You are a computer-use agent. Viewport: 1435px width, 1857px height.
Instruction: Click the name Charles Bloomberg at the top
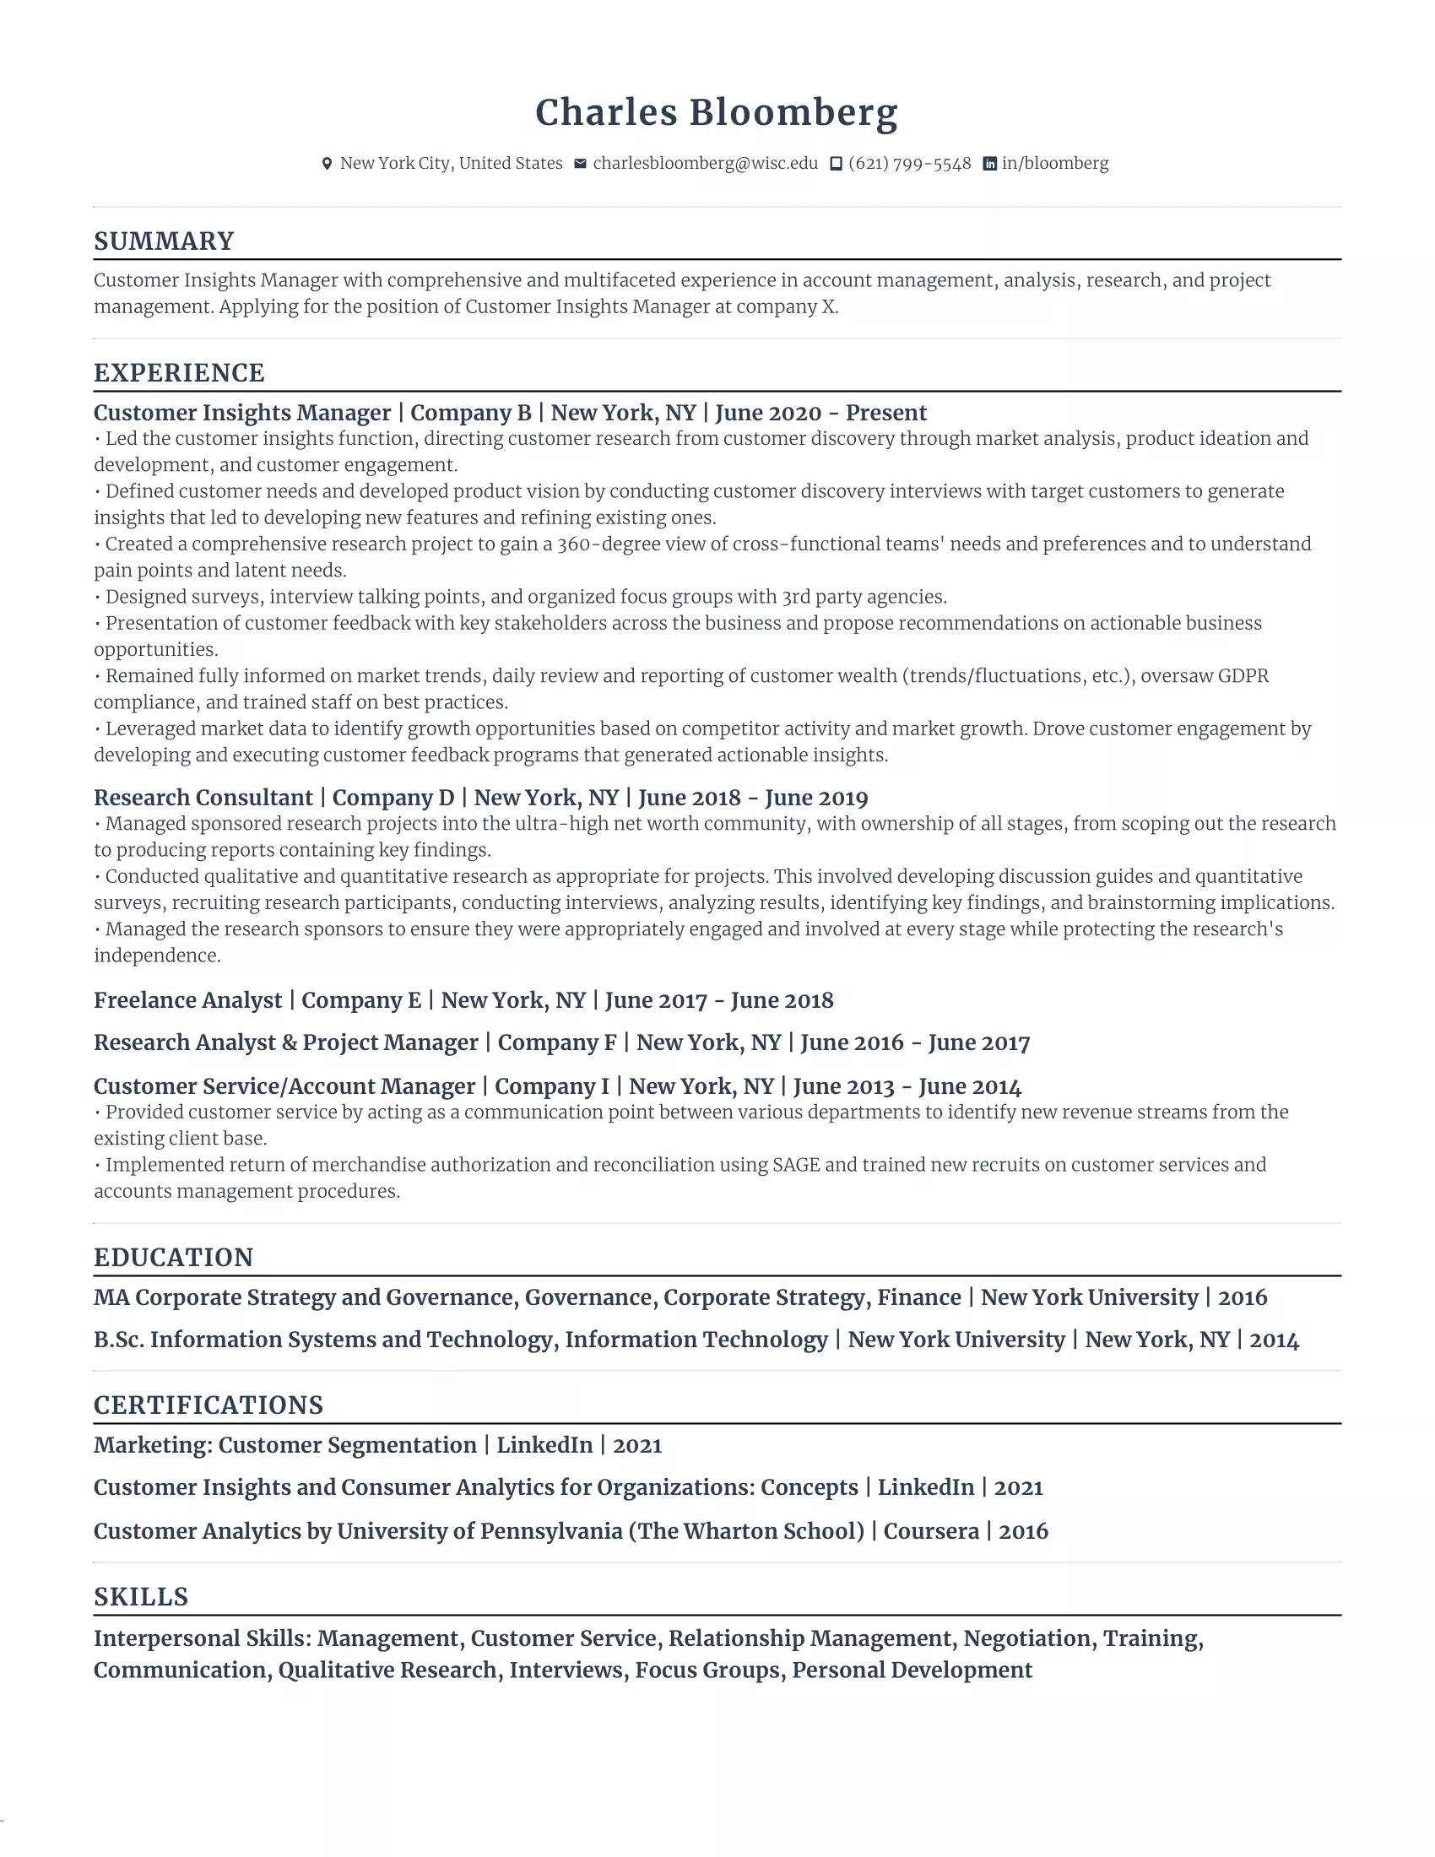click(716, 113)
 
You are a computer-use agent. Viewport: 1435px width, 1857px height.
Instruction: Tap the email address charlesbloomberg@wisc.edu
click(705, 163)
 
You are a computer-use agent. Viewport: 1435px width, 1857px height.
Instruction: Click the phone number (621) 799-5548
click(909, 163)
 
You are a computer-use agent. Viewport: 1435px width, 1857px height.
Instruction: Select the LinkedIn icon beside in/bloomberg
click(989, 164)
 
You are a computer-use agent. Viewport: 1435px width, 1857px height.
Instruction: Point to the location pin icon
click(327, 164)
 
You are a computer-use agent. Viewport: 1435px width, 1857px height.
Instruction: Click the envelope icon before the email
click(580, 163)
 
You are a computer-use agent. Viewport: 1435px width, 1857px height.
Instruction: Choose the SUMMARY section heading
click(163, 241)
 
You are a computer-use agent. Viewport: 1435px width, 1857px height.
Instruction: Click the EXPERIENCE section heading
click(178, 373)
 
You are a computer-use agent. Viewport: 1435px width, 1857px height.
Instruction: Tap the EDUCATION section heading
click(173, 1258)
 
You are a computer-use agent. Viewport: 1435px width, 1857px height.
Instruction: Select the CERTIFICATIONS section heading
click(208, 1405)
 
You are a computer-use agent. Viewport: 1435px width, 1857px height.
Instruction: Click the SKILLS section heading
click(141, 1597)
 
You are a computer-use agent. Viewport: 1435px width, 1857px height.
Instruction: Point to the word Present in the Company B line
click(885, 414)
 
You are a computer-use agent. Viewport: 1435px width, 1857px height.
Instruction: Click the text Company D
click(393, 799)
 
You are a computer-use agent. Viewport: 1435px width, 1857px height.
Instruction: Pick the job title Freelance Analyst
click(187, 1001)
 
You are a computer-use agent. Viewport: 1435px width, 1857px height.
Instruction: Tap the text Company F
click(557, 1043)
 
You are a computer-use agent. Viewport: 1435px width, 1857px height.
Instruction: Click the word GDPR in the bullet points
click(1243, 676)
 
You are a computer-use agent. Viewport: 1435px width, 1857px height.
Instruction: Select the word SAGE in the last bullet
click(796, 1165)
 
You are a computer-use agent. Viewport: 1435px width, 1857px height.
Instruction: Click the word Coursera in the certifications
click(931, 1531)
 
